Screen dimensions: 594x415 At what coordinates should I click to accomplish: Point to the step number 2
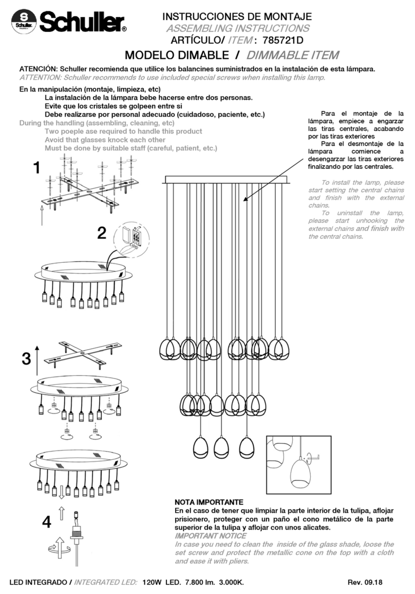pyautogui.click(x=102, y=234)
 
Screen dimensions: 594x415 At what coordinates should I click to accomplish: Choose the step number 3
pyautogui.click(x=26, y=358)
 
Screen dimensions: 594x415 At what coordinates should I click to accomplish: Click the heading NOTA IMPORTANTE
pyautogui.click(x=209, y=501)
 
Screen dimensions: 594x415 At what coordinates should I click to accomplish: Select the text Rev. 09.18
pyautogui.click(x=365, y=583)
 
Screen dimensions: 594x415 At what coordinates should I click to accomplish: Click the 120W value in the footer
pyautogui.click(x=153, y=583)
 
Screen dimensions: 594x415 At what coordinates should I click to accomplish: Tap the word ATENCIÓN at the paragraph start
pyautogui.click(x=38, y=69)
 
